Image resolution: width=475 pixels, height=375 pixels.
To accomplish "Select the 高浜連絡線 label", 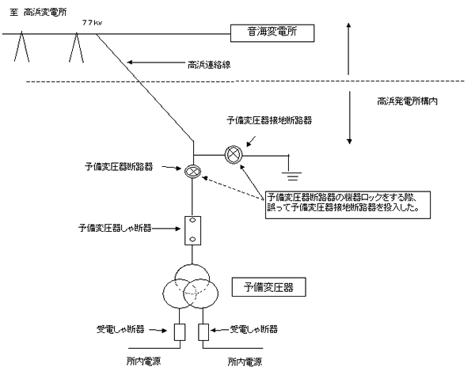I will [x=207, y=64].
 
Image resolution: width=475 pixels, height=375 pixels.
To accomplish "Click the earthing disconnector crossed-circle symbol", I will [x=234, y=154].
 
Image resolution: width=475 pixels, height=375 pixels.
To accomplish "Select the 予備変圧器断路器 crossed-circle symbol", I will [x=192, y=172].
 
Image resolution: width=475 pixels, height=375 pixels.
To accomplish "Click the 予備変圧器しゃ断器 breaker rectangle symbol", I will [x=192, y=229].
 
